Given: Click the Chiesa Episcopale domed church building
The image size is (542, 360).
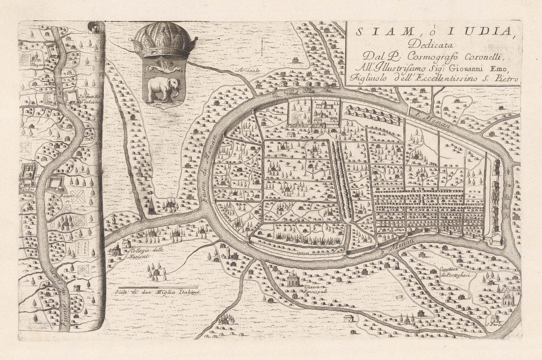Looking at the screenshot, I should pos(292,280).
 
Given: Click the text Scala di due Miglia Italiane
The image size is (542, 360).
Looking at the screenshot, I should pos(158,293).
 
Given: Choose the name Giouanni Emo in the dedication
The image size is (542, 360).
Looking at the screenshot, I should pos(487,68).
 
